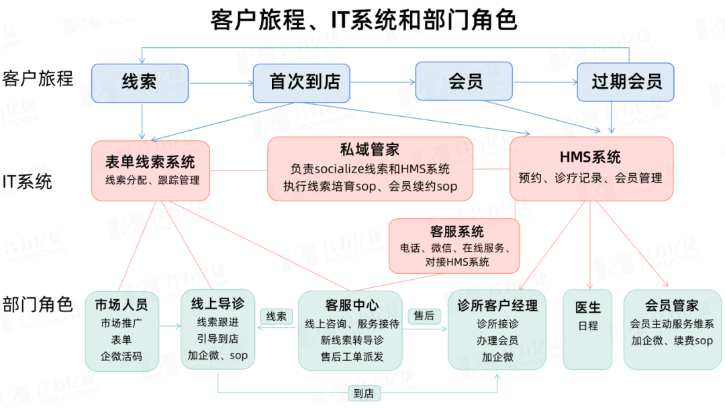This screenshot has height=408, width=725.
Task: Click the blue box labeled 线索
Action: tap(140, 83)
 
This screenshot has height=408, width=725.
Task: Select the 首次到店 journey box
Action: tap(305, 83)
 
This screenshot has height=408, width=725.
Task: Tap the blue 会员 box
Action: tap(464, 82)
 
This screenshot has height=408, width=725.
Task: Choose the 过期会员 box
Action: tap(626, 83)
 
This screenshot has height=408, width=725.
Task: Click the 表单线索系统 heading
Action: tap(150, 162)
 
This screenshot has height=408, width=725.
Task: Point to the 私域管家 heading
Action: tap(370, 149)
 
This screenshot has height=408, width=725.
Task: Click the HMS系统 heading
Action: tap(591, 158)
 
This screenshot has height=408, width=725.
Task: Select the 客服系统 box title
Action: tap(456, 232)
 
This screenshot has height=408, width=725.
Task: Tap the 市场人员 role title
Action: tap(122, 305)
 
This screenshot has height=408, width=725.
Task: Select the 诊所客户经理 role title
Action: tap(497, 306)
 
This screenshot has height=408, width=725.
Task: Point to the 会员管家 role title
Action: tap(672, 306)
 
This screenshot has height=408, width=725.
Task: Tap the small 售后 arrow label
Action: tap(424, 315)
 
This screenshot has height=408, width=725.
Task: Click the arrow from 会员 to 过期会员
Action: tap(544, 83)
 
